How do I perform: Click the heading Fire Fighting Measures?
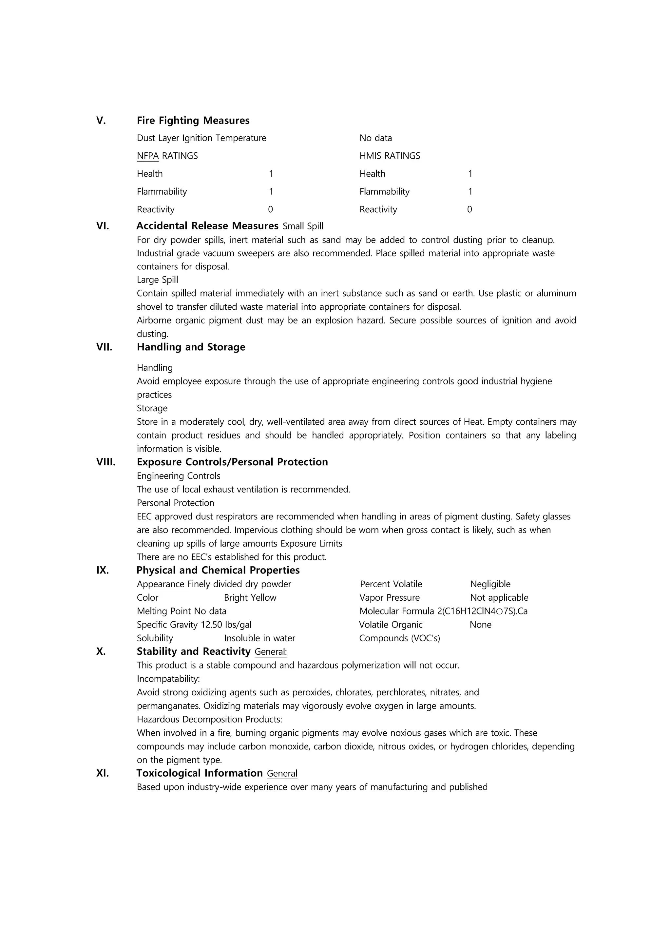(193, 120)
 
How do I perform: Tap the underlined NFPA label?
(147, 156)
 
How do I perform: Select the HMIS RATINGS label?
(390, 156)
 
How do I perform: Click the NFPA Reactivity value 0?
(271, 209)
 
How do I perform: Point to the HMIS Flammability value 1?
(470, 191)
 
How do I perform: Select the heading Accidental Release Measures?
(207, 226)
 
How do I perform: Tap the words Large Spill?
(157, 280)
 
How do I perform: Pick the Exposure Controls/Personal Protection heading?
(232, 462)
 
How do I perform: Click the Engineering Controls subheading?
(179, 476)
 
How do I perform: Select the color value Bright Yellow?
(250, 598)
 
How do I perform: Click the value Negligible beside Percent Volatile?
(490, 584)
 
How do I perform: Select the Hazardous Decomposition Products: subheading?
(209, 719)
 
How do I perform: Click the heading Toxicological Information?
(200, 773)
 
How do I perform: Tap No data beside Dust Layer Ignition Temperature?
(375, 138)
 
